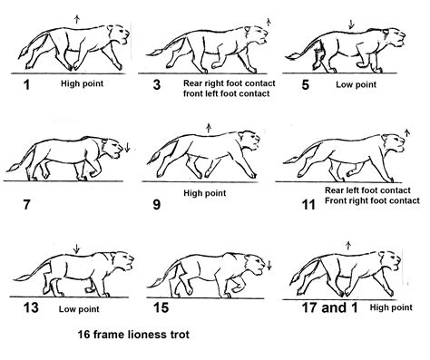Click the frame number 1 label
pyautogui.click(x=26, y=84)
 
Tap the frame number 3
pyautogui.click(x=157, y=84)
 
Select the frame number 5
pyautogui.click(x=306, y=84)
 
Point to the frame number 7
pyautogui.click(x=26, y=205)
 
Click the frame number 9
pyautogui.click(x=157, y=205)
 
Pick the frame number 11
pyautogui.click(x=308, y=205)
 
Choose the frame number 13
pyautogui.click(x=31, y=307)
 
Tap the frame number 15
pyautogui.click(x=161, y=307)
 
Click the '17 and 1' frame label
pyautogui.click(x=330, y=307)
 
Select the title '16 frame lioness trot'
pyautogui.click(x=133, y=335)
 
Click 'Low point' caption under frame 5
pyautogui.click(x=356, y=84)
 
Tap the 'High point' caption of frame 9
pyautogui.click(x=205, y=193)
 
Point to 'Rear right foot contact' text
pyautogui.click(x=230, y=83)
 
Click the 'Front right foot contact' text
pyautogui.click(x=372, y=200)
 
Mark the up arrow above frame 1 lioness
pyautogui.click(x=77, y=20)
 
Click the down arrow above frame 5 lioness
pyautogui.click(x=351, y=24)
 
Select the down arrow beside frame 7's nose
pyautogui.click(x=127, y=147)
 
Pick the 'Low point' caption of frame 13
pyautogui.click(x=79, y=309)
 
